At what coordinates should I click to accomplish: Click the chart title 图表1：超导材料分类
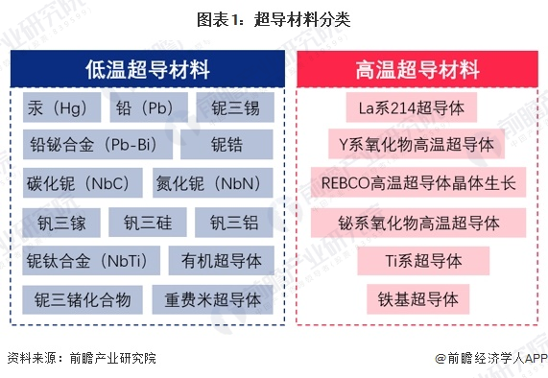tap(273, 18)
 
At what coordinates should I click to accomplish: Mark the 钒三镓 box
tap(58, 222)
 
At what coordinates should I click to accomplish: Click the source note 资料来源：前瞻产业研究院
tap(81, 358)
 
